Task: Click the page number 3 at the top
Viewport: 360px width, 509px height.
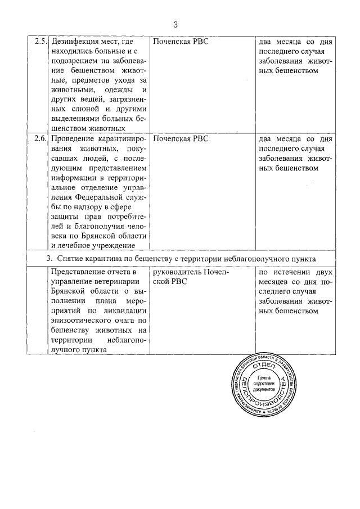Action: click(175, 24)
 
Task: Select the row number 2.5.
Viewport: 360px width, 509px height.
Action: click(39, 42)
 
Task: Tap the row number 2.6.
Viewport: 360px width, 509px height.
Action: click(39, 138)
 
